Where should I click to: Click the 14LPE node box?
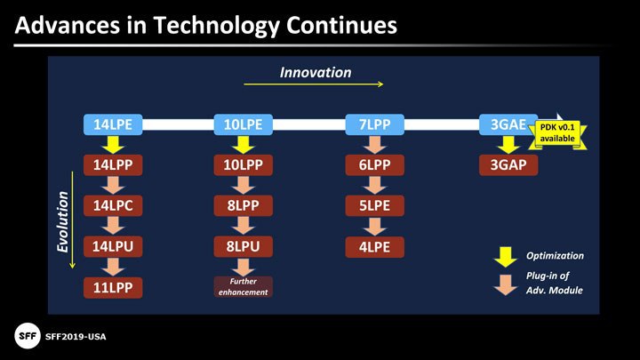(x=113, y=124)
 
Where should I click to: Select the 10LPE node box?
(x=244, y=124)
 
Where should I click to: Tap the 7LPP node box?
(x=375, y=124)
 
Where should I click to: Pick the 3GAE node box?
(x=508, y=124)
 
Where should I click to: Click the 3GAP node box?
(x=508, y=165)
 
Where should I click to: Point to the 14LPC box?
(x=113, y=205)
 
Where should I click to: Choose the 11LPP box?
(x=113, y=287)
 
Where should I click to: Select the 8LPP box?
(x=244, y=205)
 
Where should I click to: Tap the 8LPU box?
(x=244, y=246)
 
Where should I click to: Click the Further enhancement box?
(x=244, y=286)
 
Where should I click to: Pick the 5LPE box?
(x=375, y=205)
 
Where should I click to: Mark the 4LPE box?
(x=375, y=247)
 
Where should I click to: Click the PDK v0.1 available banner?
(x=557, y=133)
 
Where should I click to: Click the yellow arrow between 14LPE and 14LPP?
(x=113, y=145)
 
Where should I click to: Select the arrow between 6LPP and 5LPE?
(x=375, y=185)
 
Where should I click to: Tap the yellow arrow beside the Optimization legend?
(x=505, y=257)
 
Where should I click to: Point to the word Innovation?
(x=316, y=73)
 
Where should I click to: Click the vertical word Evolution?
(x=62, y=221)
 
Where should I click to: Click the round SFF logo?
(x=28, y=336)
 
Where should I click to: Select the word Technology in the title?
(x=216, y=25)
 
